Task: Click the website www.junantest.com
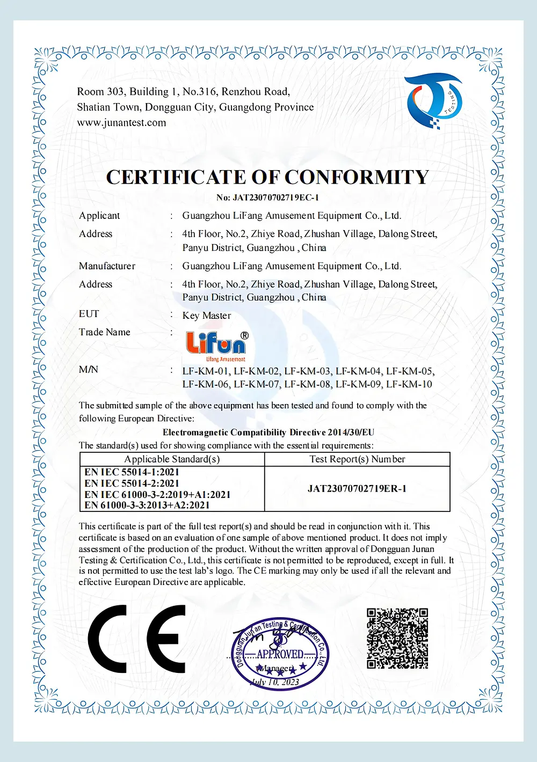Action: click(121, 123)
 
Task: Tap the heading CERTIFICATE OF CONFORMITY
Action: click(267, 177)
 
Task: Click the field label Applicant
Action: click(99, 216)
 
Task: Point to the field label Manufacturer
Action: click(107, 266)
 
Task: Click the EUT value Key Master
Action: click(207, 316)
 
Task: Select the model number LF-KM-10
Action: click(409, 384)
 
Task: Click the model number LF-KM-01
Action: click(206, 371)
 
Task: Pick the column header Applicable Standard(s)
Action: click(172, 459)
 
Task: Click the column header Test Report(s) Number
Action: click(357, 459)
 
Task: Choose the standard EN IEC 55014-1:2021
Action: click(132, 472)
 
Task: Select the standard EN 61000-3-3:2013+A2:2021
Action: click(147, 505)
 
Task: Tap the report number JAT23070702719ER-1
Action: click(357, 489)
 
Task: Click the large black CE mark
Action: click(136, 639)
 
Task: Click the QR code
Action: click(397, 639)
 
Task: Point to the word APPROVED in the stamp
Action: click(280, 654)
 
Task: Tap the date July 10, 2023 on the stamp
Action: click(275, 682)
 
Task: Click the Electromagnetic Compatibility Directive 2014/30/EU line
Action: click(268, 433)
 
